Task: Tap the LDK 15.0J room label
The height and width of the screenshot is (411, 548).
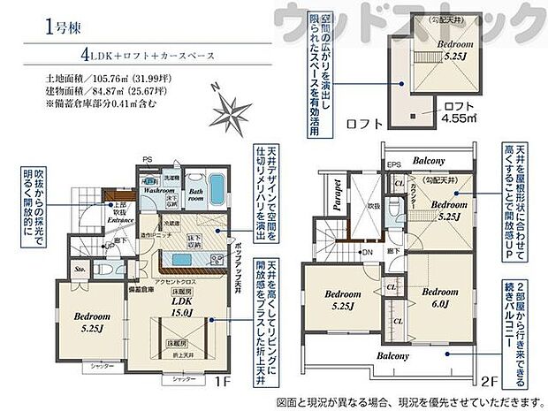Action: point(181,305)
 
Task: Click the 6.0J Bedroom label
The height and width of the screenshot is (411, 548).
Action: point(439,299)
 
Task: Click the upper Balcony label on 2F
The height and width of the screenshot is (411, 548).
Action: point(427,160)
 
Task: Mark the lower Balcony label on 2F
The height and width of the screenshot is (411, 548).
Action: point(396,356)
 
